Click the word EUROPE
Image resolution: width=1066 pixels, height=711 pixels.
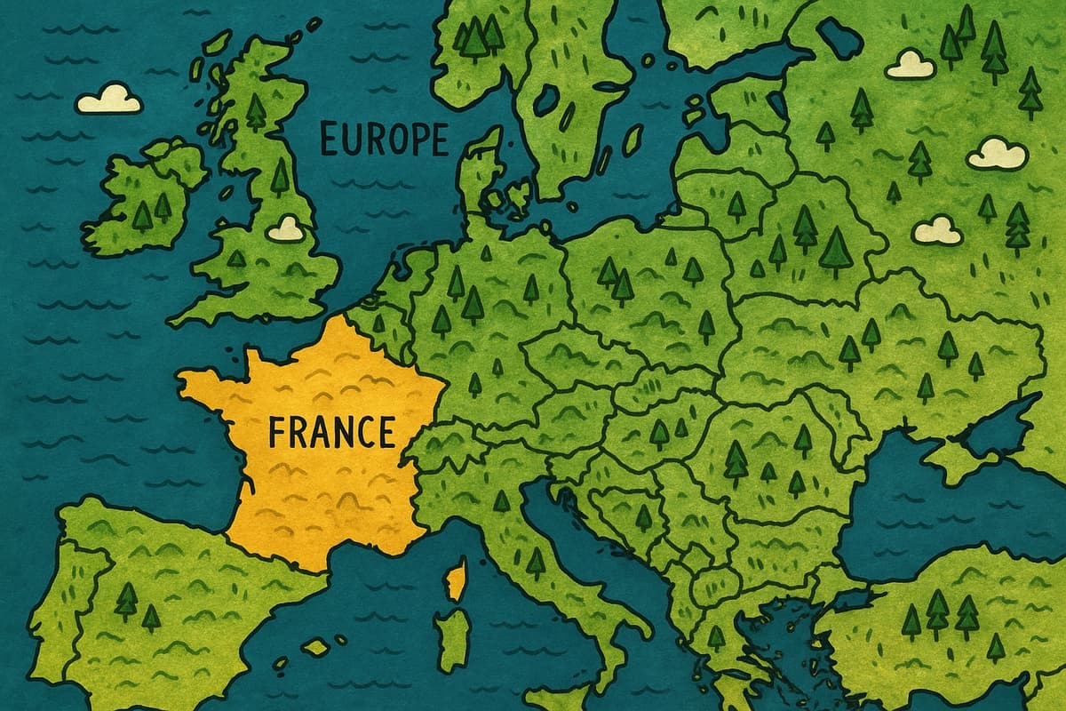click(384, 140)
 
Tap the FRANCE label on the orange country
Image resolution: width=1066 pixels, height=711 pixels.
click(330, 432)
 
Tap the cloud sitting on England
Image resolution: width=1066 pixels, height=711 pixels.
click(286, 229)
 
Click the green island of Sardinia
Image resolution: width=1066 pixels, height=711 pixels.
click(453, 635)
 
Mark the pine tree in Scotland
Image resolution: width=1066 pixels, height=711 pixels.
click(256, 111)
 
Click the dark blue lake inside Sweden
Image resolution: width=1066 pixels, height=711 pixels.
click(545, 100)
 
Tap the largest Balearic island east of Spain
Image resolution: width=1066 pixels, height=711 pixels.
click(315, 647)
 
